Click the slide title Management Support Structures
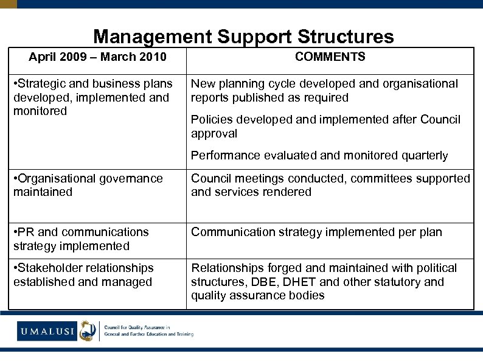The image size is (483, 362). pos(243,37)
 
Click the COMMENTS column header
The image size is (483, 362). pos(330,57)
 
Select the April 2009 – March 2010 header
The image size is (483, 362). pos(97,58)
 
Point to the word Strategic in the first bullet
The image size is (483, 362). pos(43,84)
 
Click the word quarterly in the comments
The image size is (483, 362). pos(425,156)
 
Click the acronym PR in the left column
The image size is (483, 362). pos(26,232)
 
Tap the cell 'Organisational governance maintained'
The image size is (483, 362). pos(88,186)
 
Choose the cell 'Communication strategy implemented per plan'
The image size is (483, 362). pos(316,232)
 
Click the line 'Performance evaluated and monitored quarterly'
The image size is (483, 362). pos(319,156)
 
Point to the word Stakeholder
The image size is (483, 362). pos(49,268)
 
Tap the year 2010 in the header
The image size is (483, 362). pos(153,58)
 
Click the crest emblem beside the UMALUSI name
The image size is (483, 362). pos(88,330)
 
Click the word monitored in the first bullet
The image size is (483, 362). pos(40,112)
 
